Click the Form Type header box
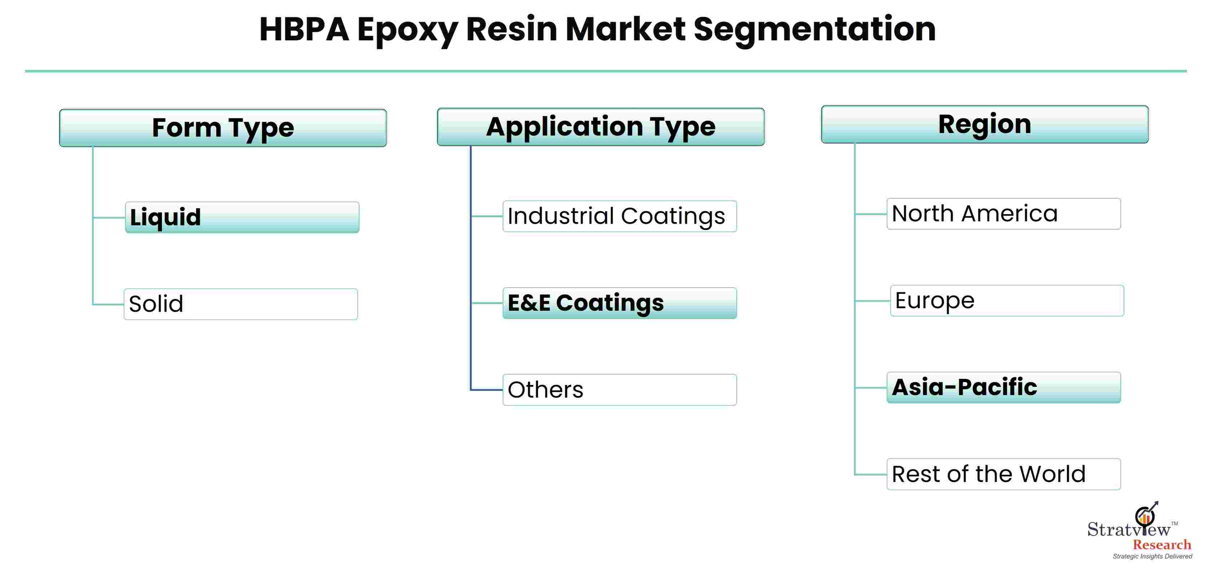[223, 128]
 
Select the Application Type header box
[601, 127]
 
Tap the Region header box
[985, 124]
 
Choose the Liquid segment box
[242, 217]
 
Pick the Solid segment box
[241, 304]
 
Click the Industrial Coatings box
[620, 216]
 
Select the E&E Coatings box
[620, 303]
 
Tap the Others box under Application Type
[620, 390]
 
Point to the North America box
[1004, 214]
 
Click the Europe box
[1007, 301]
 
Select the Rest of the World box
[1004, 474]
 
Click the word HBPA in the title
[304, 29]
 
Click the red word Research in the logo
[1162, 545]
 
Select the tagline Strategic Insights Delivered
[1152, 557]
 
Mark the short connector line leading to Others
[487, 390]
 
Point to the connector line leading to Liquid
[109, 217]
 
